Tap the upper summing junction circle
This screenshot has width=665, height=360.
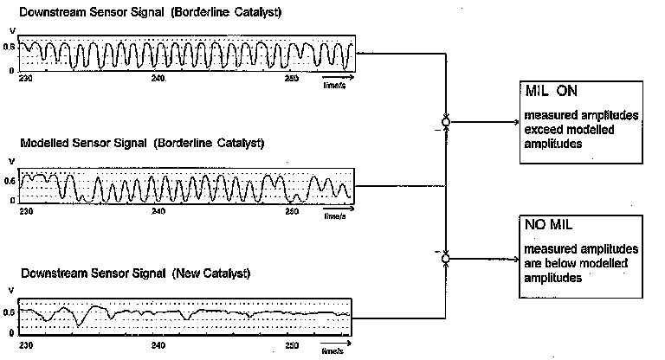click(x=446, y=123)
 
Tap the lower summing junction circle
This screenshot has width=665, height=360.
click(x=446, y=258)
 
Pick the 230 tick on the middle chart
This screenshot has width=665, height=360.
click(x=26, y=211)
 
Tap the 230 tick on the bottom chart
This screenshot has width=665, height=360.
click(x=26, y=344)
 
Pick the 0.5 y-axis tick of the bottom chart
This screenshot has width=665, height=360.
click(x=10, y=312)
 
